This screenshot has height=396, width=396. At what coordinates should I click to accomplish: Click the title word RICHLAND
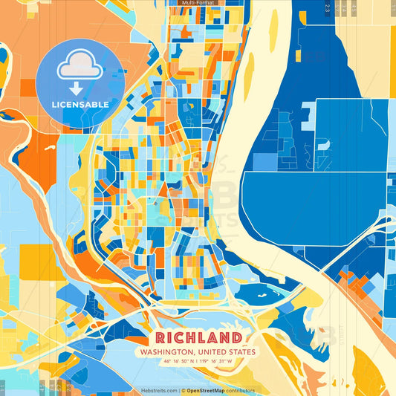tap(198, 337)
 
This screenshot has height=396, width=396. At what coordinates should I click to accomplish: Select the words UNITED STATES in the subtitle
tap(226, 351)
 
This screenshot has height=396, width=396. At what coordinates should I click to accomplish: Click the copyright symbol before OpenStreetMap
tap(184, 390)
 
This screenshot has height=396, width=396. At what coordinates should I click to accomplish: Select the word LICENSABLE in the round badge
tap(79, 105)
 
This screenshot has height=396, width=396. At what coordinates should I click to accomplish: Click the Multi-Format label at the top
tap(198, 3)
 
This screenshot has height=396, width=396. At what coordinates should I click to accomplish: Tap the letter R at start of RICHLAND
tap(161, 337)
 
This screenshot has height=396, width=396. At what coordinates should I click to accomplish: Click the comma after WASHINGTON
tap(195, 353)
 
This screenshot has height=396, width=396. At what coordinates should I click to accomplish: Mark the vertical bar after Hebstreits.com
tap(180, 390)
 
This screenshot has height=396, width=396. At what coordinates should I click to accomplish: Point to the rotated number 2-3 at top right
tap(328, 8)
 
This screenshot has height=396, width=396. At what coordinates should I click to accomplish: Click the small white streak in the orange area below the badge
tap(50, 148)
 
